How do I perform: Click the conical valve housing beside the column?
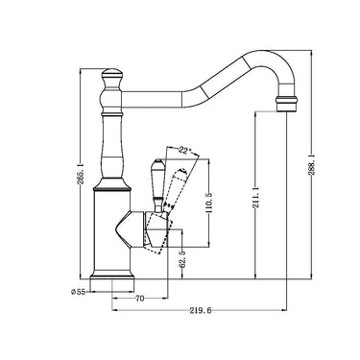pos(134,230)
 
